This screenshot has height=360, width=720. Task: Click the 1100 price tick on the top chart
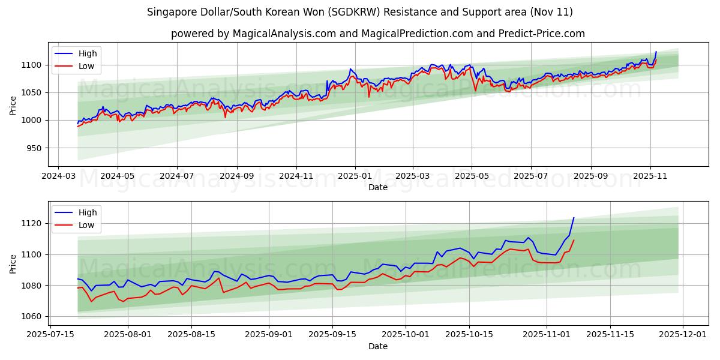point(32,65)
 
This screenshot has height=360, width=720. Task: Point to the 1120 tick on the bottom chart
point(32,223)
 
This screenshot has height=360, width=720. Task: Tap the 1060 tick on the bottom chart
point(32,316)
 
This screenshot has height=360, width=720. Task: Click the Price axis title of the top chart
point(13,105)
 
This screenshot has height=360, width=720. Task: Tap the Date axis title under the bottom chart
point(378,346)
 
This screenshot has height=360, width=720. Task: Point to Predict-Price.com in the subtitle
point(541,34)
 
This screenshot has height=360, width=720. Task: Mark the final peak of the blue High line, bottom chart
point(574,218)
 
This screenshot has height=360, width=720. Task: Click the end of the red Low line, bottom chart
point(574,241)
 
